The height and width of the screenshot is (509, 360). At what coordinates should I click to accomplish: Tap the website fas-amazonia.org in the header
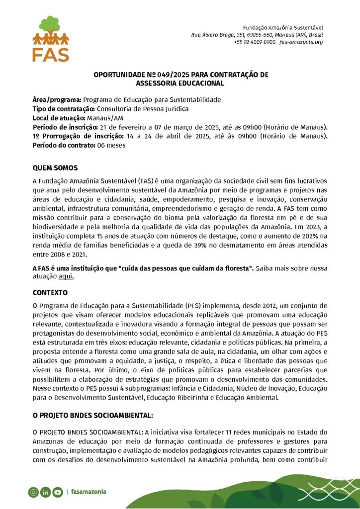(x=301, y=42)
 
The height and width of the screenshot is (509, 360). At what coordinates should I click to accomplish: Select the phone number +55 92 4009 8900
(x=254, y=42)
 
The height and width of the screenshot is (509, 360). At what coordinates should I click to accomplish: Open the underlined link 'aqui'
(x=66, y=277)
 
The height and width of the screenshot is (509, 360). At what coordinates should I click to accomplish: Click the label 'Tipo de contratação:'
(x=64, y=108)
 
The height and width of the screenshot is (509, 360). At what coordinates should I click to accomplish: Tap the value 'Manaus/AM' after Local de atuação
(x=105, y=118)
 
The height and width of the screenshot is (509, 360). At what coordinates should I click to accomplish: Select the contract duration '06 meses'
(x=112, y=145)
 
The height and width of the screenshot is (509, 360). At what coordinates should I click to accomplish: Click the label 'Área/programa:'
(x=57, y=99)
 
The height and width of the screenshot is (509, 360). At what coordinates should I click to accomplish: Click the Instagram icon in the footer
(x=33, y=492)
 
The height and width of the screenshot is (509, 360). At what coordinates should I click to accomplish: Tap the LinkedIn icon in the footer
(x=46, y=492)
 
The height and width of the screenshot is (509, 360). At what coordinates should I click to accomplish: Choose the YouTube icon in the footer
(x=58, y=492)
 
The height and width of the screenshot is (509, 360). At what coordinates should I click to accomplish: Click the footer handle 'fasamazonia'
(x=89, y=492)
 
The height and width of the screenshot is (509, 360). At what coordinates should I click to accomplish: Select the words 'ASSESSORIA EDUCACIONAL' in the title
(x=180, y=84)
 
